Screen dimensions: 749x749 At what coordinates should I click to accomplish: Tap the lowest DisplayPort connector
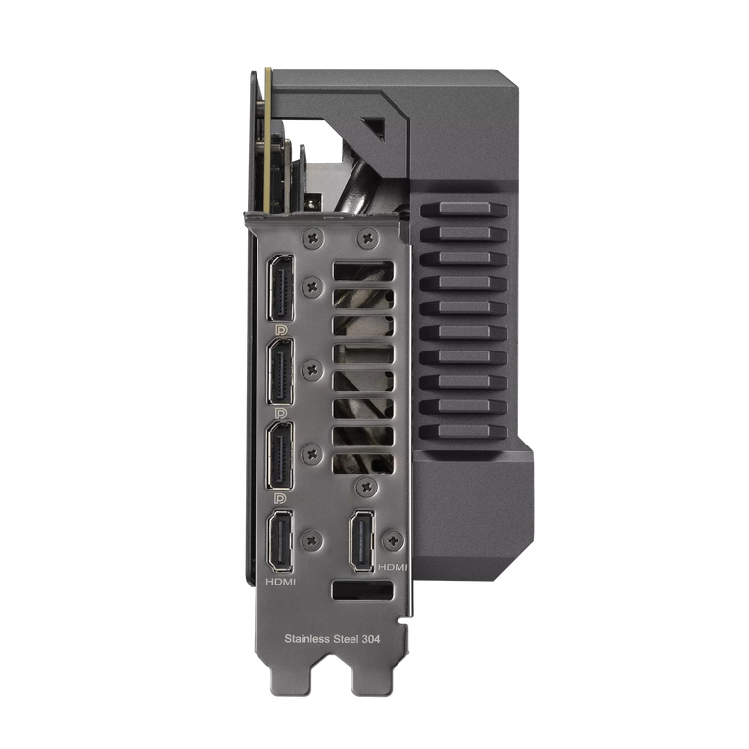(x=281, y=455)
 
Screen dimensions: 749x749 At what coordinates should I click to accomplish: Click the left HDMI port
(x=281, y=540)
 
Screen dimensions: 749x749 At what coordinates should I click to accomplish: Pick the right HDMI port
(x=362, y=540)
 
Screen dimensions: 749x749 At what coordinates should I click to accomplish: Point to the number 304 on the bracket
(x=371, y=638)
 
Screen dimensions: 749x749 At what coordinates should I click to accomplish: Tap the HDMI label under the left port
(x=281, y=582)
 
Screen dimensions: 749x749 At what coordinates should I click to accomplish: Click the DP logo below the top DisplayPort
(x=281, y=330)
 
